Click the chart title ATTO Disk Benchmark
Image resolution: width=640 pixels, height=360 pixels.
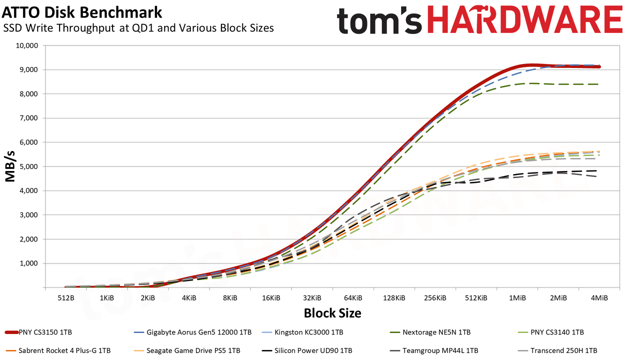pyautogui.click(x=82, y=12)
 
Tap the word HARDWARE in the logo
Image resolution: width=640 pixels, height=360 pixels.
pyautogui.click(x=525, y=20)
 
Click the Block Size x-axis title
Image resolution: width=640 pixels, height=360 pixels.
pyautogui.click(x=332, y=313)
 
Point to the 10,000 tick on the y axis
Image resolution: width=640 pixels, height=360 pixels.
pyautogui.click(x=26, y=45)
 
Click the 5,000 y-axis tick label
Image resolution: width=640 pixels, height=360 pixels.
pyautogui.click(x=28, y=166)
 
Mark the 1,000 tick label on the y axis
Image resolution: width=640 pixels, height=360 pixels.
pyautogui.click(x=28, y=263)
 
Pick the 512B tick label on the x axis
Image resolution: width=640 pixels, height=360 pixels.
pyautogui.click(x=66, y=298)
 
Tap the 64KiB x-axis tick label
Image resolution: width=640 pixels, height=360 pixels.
pyautogui.click(x=353, y=298)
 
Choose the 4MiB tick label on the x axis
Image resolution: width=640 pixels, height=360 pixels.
pyautogui.click(x=599, y=298)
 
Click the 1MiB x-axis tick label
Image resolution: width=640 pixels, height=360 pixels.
pyautogui.click(x=517, y=298)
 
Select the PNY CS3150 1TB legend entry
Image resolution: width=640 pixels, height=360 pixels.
pyautogui.click(x=38, y=332)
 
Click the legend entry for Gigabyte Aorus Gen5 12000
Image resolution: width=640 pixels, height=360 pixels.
pyautogui.click(x=192, y=332)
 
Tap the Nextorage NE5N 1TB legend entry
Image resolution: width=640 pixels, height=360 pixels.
pyautogui.click(x=430, y=332)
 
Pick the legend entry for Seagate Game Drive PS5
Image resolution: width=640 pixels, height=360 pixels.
pyautogui.click(x=187, y=350)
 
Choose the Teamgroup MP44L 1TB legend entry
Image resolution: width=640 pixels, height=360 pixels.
pyautogui.click(x=434, y=350)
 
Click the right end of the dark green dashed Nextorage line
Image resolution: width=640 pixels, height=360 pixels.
pyautogui.click(x=598, y=84)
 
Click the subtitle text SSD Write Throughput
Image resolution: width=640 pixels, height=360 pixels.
pyautogui.click(x=59, y=28)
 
